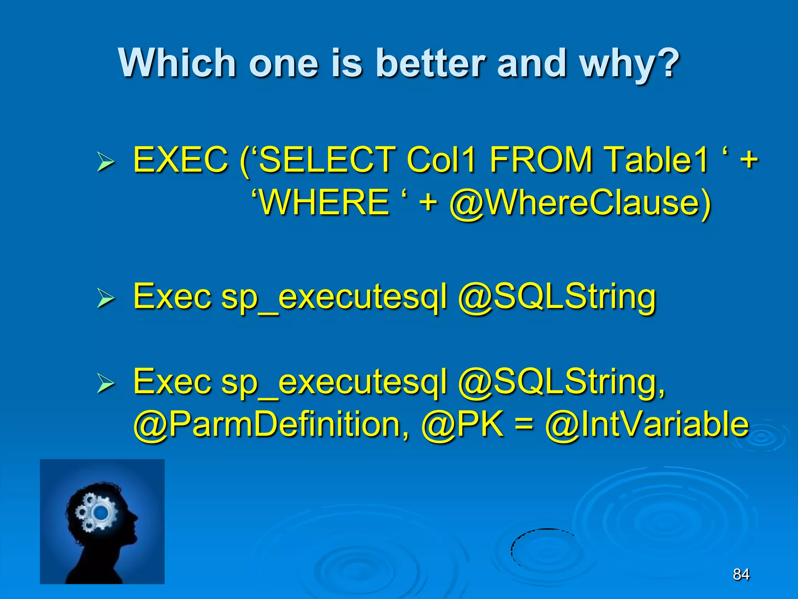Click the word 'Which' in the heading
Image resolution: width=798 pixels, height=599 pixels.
(x=177, y=63)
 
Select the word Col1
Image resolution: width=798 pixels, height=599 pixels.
(x=441, y=159)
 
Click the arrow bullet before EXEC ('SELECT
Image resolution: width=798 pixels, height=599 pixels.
(x=105, y=162)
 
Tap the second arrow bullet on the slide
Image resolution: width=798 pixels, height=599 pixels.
(x=105, y=299)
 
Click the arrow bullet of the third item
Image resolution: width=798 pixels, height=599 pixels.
(x=105, y=384)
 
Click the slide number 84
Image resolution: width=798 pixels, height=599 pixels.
(x=741, y=574)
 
